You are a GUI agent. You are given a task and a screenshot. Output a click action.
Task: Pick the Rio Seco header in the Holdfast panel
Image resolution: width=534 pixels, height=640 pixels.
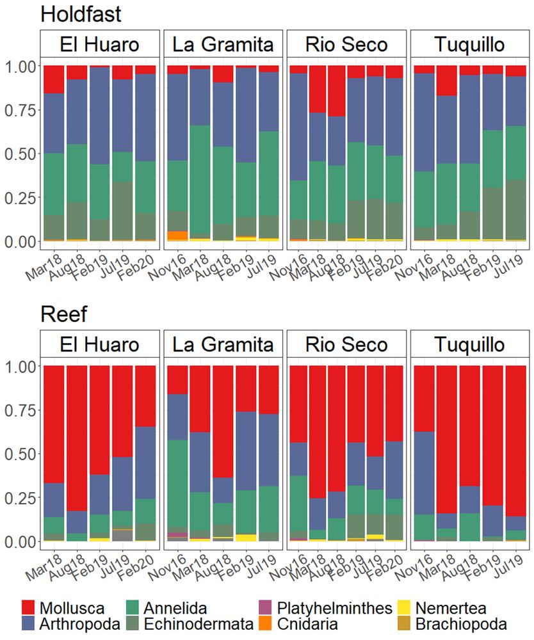(346, 44)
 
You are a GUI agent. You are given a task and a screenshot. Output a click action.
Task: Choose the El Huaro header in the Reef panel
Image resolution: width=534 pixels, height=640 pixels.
(99, 344)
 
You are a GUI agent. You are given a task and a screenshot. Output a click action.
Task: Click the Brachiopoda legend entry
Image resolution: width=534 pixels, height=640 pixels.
(460, 623)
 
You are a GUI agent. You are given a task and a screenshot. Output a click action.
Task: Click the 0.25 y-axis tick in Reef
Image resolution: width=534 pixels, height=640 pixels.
(22, 497)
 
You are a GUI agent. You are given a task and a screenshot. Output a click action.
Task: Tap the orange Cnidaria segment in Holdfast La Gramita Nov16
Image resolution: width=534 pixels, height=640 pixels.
(176, 236)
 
